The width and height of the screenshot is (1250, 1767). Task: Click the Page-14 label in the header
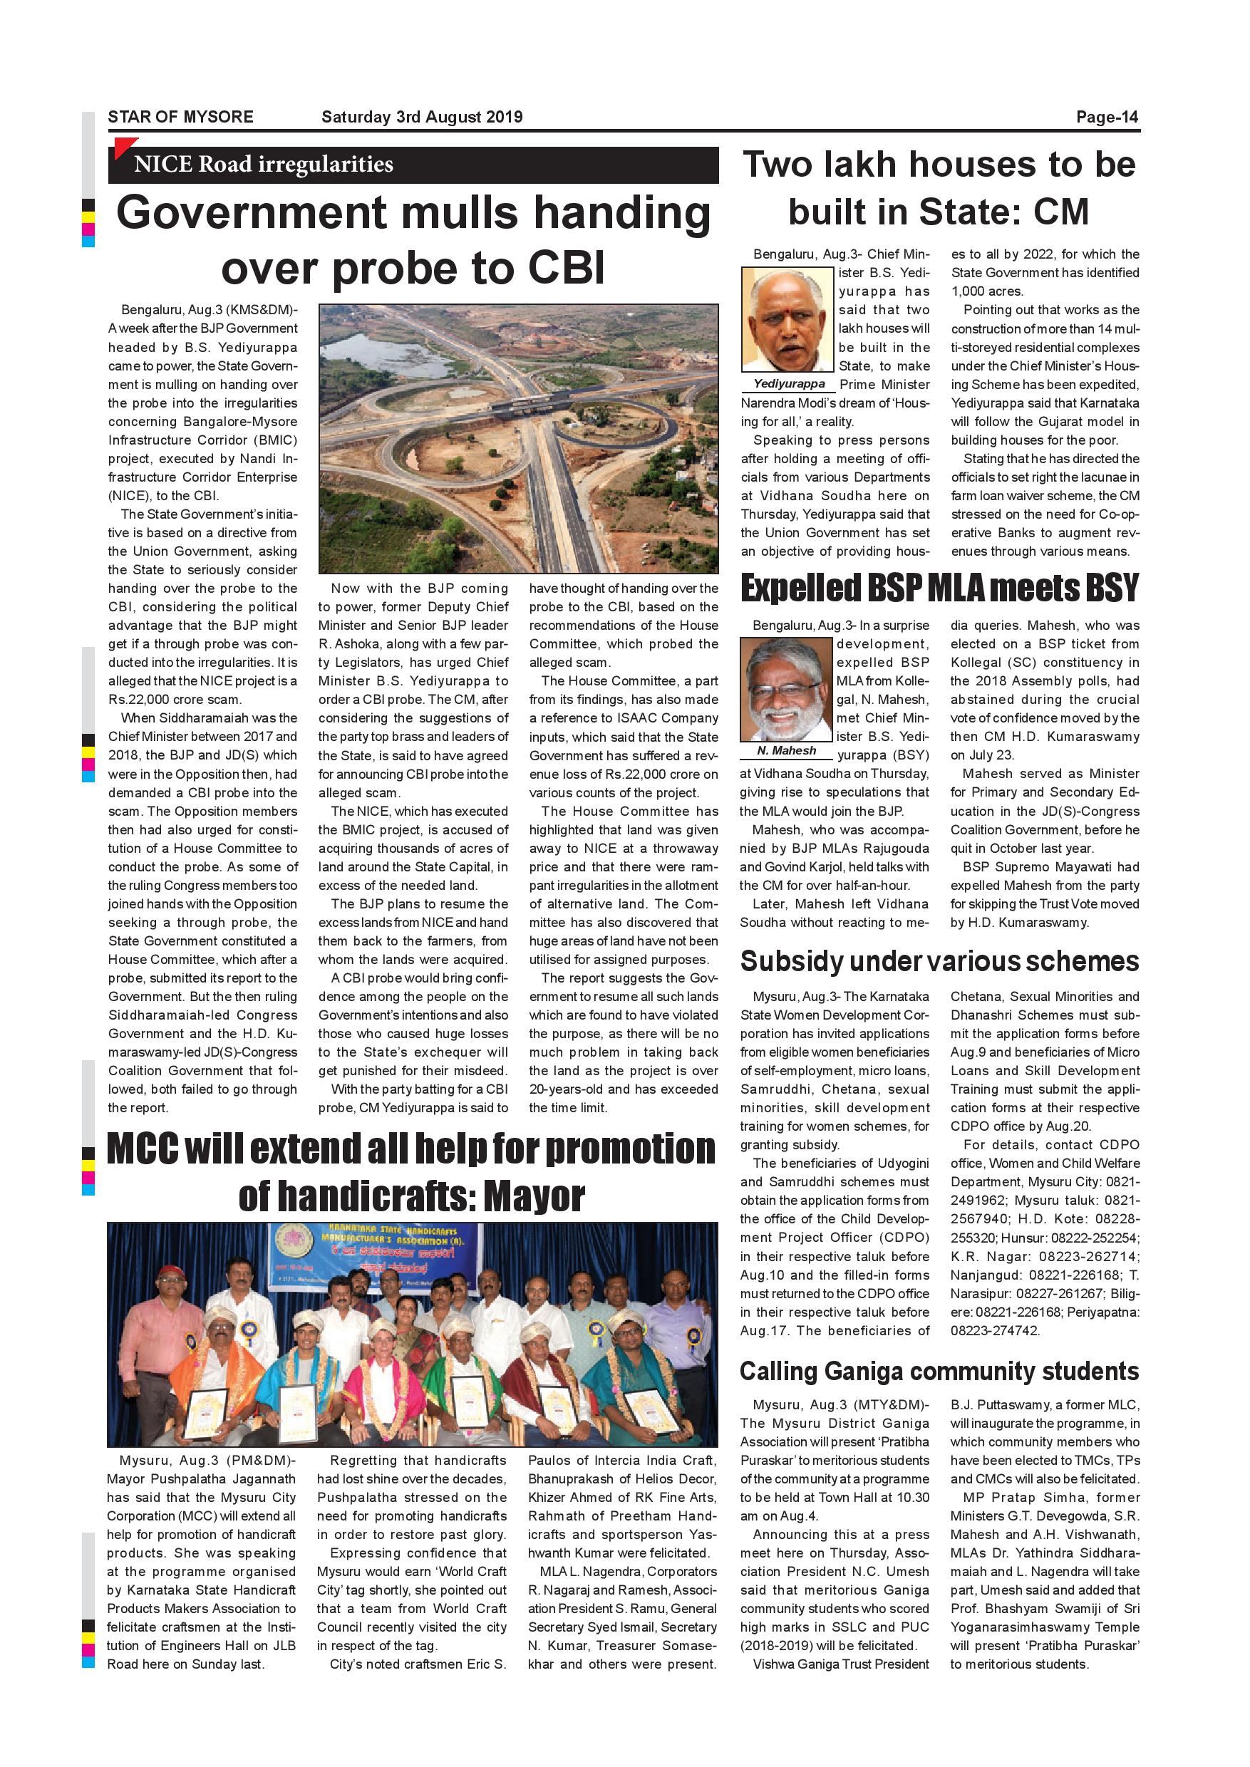pyautogui.click(x=1106, y=117)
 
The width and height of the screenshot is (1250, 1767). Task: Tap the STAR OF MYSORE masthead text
pyautogui.click(x=180, y=117)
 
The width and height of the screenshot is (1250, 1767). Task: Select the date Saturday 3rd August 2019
pyautogui.click(x=422, y=117)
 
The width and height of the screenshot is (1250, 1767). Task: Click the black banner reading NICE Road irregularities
pyautogui.click(x=413, y=165)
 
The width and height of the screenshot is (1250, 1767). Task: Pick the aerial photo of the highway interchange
pyautogui.click(x=518, y=438)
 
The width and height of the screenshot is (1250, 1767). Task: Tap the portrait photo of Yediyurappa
pyautogui.click(x=787, y=320)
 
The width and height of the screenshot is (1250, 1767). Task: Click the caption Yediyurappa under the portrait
pyautogui.click(x=789, y=384)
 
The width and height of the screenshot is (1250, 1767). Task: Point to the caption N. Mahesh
pyautogui.click(x=787, y=750)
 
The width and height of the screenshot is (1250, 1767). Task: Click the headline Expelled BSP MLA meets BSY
pyautogui.click(x=939, y=589)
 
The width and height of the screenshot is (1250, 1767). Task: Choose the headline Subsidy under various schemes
pyautogui.click(x=939, y=961)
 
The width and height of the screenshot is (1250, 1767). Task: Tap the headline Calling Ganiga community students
pyautogui.click(x=939, y=1372)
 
